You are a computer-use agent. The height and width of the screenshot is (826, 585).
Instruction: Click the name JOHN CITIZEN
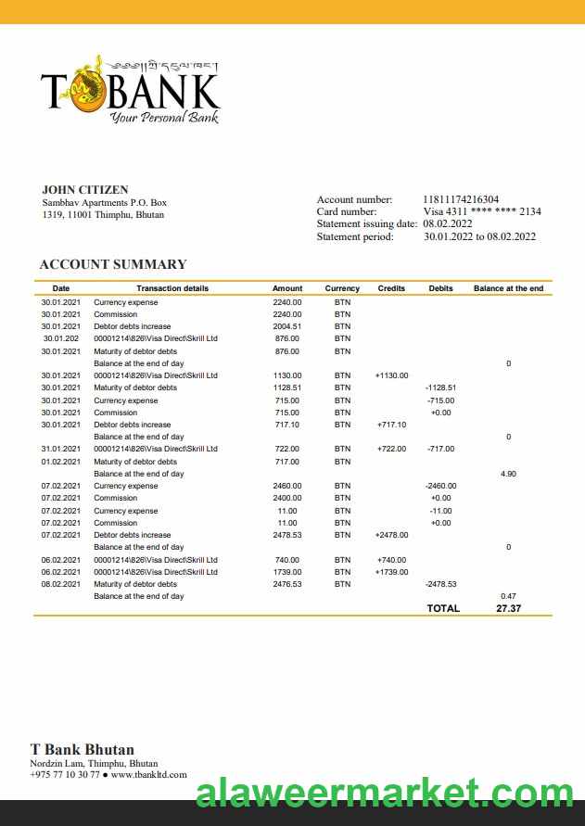[85, 190]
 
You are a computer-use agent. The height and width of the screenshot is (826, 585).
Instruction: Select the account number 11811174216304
[461, 199]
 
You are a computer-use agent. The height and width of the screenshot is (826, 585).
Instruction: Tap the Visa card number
[482, 211]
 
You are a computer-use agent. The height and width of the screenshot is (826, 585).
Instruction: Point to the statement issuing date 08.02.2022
[448, 223]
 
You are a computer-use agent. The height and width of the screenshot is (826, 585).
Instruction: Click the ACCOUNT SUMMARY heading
[112, 264]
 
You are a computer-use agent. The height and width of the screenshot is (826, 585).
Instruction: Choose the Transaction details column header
[172, 288]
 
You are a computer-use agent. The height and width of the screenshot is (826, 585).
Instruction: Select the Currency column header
[342, 288]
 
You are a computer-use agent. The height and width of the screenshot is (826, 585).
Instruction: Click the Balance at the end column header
[508, 288]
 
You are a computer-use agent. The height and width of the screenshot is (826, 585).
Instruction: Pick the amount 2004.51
[286, 326]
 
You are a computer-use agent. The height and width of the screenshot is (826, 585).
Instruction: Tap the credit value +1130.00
[391, 375]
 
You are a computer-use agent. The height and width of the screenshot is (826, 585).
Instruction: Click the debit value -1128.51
[440, 388]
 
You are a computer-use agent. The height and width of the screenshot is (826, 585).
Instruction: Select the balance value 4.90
[508, 474]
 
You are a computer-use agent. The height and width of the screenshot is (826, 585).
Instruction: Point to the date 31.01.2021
[61, 449]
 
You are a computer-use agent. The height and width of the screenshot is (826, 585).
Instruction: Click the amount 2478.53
[286, 535]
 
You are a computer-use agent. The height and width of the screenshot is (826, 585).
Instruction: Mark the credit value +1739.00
[391, 572]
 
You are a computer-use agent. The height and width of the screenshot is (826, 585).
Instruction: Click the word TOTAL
[442, 608]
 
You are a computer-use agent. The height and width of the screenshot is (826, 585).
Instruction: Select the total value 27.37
[508, 608]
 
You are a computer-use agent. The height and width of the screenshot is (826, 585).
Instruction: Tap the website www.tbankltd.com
[148, 774]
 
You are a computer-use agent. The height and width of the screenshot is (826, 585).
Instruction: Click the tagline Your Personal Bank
[163, 118]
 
